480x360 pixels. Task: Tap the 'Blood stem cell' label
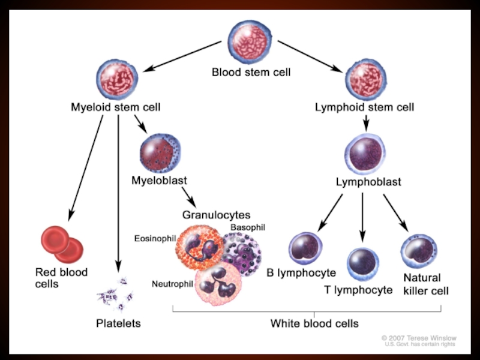pos(251,73)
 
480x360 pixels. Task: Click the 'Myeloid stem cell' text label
pos(116,108)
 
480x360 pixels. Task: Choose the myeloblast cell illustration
pos(159,152)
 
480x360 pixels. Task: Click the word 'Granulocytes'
pos(216,214)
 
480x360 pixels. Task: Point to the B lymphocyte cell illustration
pos(305,249)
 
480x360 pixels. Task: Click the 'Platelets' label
pos(119,323)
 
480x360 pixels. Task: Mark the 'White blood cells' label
pos(314,323)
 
